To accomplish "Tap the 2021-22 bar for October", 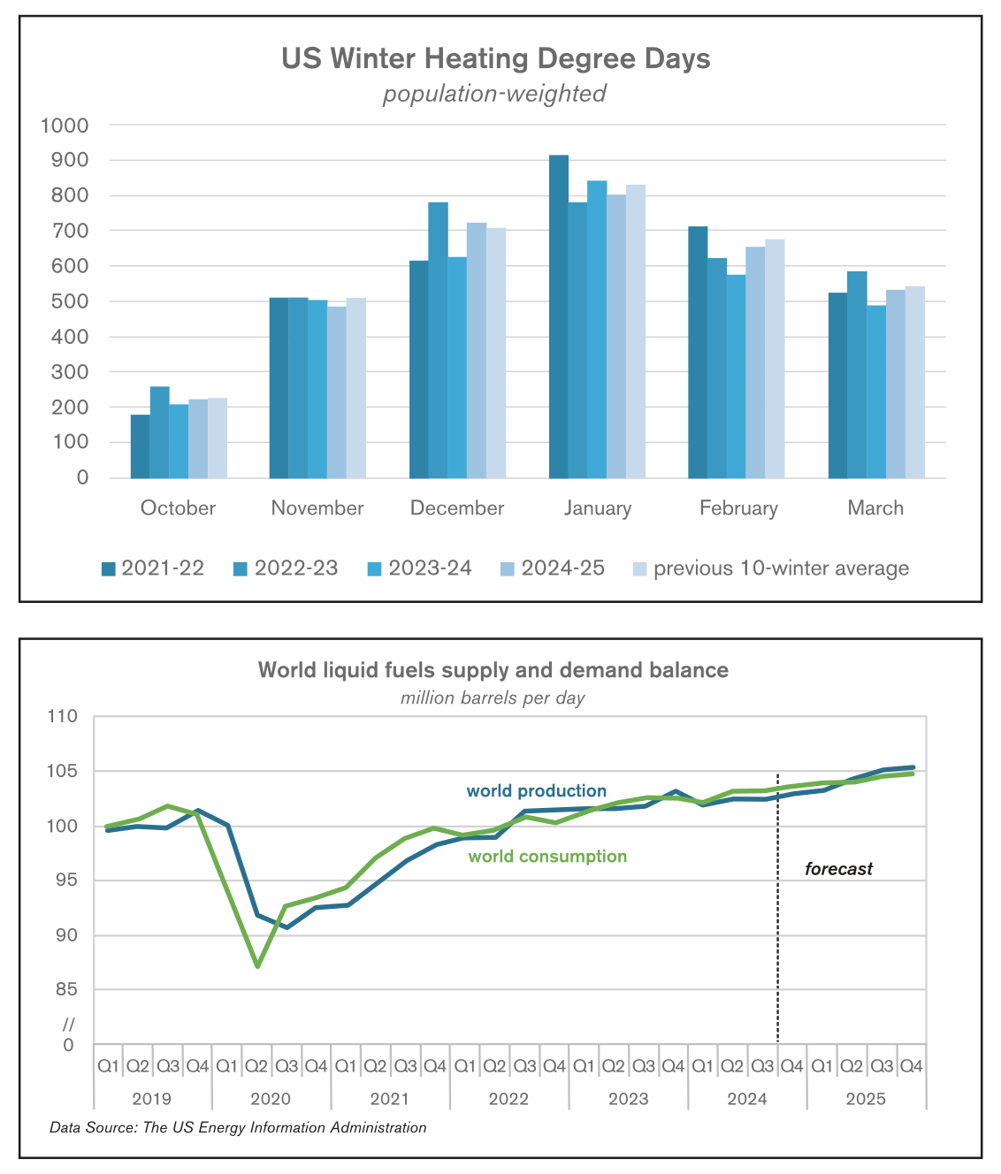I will (140, 446).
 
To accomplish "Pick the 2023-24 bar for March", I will (876, 392).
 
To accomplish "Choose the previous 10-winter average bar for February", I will (775, 359).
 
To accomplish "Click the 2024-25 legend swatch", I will (507, 568).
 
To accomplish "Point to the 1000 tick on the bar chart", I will (65, 126).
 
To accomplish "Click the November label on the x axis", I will (317, 508).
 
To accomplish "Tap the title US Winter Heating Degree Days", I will (495, 59).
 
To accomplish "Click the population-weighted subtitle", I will (494, 94).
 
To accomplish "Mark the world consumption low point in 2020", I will (257, 966).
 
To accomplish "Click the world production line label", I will (537, 791).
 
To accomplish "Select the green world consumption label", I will (547, 857).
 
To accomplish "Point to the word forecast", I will (838, 869).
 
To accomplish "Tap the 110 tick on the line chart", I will (62, 716).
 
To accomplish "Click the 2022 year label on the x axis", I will (508, 1099).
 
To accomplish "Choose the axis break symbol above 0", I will (68, 1025).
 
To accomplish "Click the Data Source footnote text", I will (238, 1127).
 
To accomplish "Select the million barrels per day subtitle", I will (493, 698).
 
